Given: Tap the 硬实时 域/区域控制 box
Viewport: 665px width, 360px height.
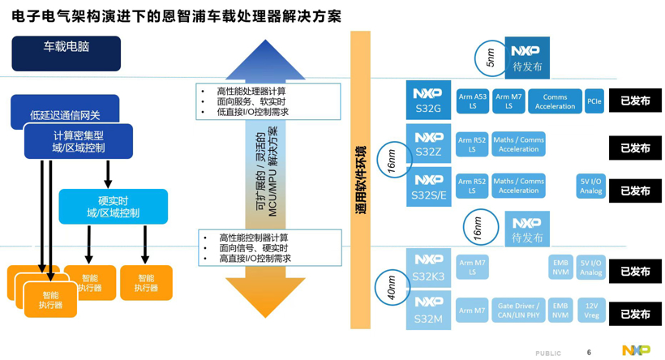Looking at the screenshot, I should coord(113,207).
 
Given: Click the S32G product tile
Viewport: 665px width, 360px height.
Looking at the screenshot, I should coord(428,101).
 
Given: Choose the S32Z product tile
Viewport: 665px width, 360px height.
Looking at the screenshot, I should coord(428,144).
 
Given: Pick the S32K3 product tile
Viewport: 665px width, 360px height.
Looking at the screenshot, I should coord(428,268).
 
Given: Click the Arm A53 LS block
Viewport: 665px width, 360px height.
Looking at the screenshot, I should coord(473,101).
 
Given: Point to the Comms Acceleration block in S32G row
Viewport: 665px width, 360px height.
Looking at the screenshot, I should coord(555,101).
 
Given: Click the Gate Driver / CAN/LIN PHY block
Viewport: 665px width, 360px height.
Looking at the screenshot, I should coord(518,311).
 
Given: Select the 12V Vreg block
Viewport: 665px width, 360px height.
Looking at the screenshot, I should coord(591,311).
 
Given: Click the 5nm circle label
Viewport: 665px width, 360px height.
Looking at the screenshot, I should coord(490,58).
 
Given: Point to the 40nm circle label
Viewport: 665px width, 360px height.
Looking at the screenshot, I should coord(391,289).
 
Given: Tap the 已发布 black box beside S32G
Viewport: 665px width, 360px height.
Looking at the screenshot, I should coord(635,101).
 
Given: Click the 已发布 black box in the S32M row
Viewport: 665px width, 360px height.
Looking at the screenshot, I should coord(635,314).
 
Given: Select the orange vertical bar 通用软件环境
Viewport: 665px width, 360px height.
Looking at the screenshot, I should coord(360,180).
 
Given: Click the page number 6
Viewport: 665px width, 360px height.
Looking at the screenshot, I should coord(589,353).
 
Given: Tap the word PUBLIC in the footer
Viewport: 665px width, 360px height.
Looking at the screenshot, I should coord(548,354).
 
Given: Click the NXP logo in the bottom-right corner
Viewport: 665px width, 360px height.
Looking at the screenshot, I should coord(636,350).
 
